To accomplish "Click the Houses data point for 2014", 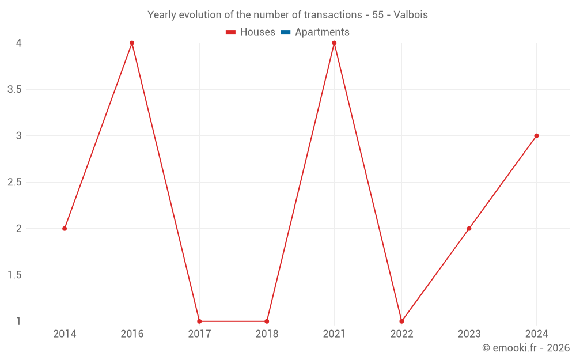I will (65, 229).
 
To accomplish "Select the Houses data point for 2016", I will (132, 43).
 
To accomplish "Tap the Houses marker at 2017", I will (199, 321).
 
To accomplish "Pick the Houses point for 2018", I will (267, 321).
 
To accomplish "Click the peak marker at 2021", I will (334, 43).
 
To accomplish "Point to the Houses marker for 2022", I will (401, 321).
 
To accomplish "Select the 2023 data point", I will (469, 229).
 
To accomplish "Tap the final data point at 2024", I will (536, 136).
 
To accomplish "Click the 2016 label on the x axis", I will (132, 334).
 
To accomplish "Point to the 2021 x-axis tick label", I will (334, 334).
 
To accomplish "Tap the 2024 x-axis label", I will (536, 334).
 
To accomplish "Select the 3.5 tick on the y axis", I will (15, 90).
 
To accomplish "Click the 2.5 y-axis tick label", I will (15, 183).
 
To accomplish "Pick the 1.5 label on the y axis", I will (15, 275).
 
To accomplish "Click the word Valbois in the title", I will (411, 15).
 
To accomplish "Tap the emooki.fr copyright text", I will (526, 348).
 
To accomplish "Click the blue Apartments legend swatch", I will (285, 32).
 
